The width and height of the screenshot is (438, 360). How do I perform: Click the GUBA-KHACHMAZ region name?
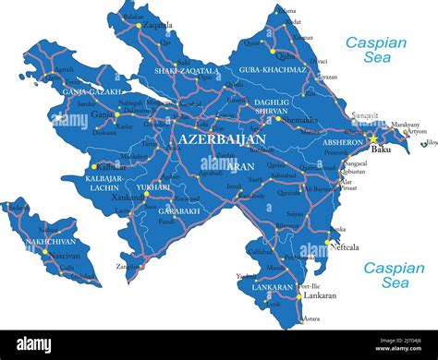274,70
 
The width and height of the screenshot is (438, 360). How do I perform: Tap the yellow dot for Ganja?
115,115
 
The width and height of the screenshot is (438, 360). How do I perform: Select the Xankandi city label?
128,198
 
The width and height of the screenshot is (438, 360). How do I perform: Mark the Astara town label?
311,318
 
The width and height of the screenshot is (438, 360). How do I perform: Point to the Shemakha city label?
300,119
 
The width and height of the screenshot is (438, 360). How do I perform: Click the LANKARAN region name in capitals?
273,287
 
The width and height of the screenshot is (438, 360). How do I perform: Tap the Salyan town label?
294,213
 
